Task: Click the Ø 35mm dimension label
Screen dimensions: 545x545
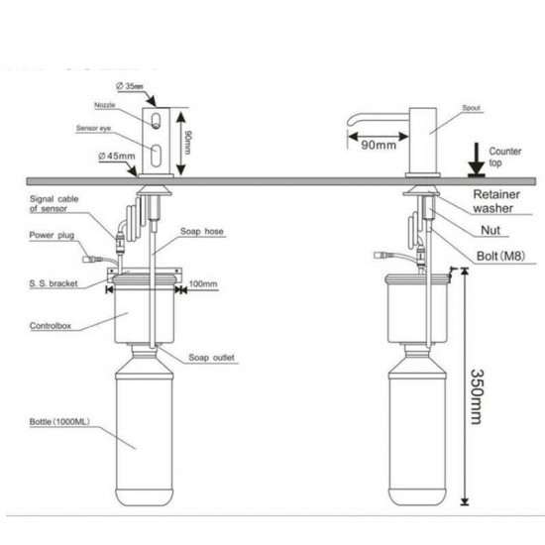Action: click(x=130, y=87)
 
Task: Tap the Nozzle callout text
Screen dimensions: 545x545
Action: click(x=107, y=105)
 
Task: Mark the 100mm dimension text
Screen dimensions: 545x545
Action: click(x=203, y=285)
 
